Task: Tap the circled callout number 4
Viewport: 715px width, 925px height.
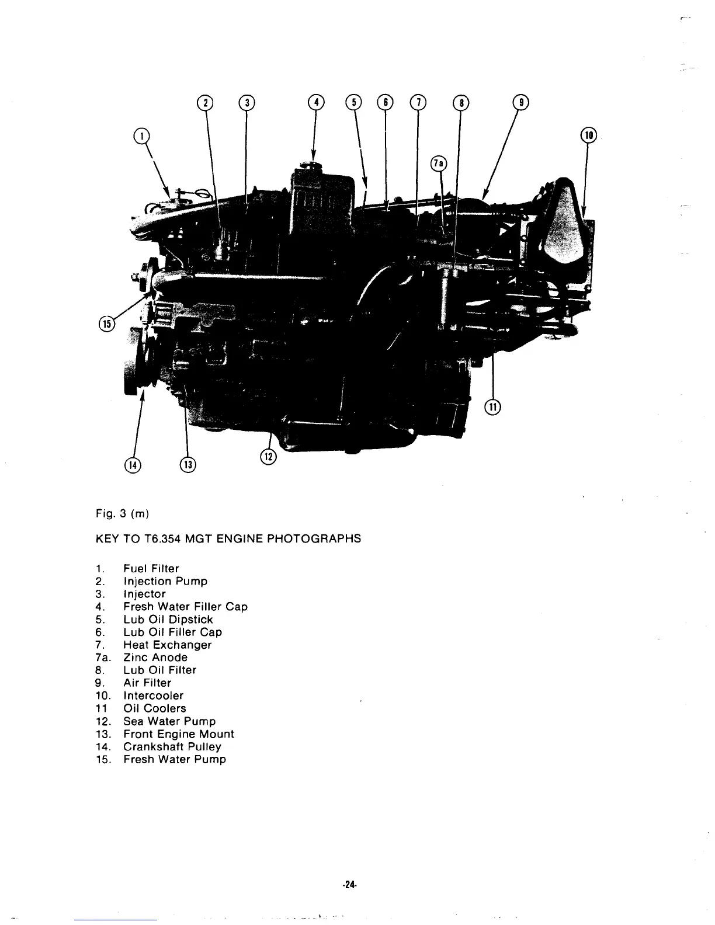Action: [316, 102]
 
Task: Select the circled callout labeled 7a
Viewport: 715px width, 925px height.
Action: [438, 163]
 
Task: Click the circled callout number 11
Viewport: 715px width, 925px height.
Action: [494, 407]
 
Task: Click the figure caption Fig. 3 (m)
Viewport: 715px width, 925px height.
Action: [122, 514]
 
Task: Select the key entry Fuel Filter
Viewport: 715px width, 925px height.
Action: [151, 568]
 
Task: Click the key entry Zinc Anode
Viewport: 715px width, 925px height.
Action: [155, 658]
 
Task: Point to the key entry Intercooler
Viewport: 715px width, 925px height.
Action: [153, 696]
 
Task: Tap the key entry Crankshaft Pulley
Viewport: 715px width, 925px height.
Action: [172, 746]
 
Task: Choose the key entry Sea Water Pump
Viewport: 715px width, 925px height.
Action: [169, 721]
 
